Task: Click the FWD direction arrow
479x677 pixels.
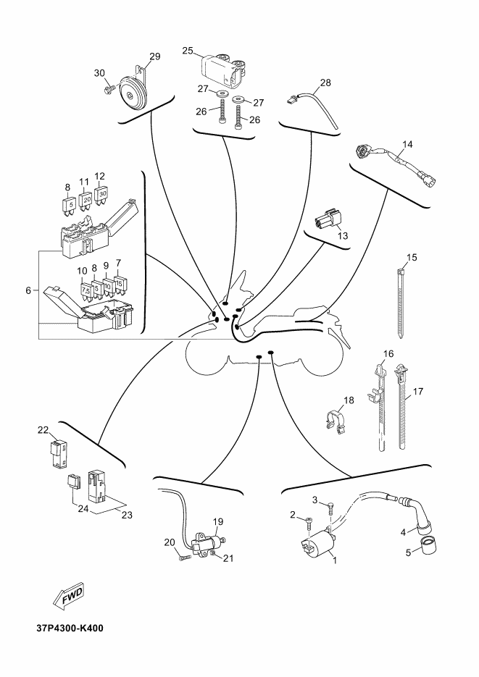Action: [68, 596]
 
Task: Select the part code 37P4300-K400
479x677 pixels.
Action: [70, 628]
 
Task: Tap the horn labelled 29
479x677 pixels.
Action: [133, 91]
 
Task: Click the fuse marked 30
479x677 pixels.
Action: [101, 196]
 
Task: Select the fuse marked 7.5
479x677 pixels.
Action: [86, 290]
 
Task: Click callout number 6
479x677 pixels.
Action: [28, 291]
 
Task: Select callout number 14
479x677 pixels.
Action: [407, 144]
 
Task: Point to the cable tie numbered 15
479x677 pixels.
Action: [401, 303]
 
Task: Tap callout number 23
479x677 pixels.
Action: [127, 515]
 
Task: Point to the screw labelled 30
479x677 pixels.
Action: [109, 89]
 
